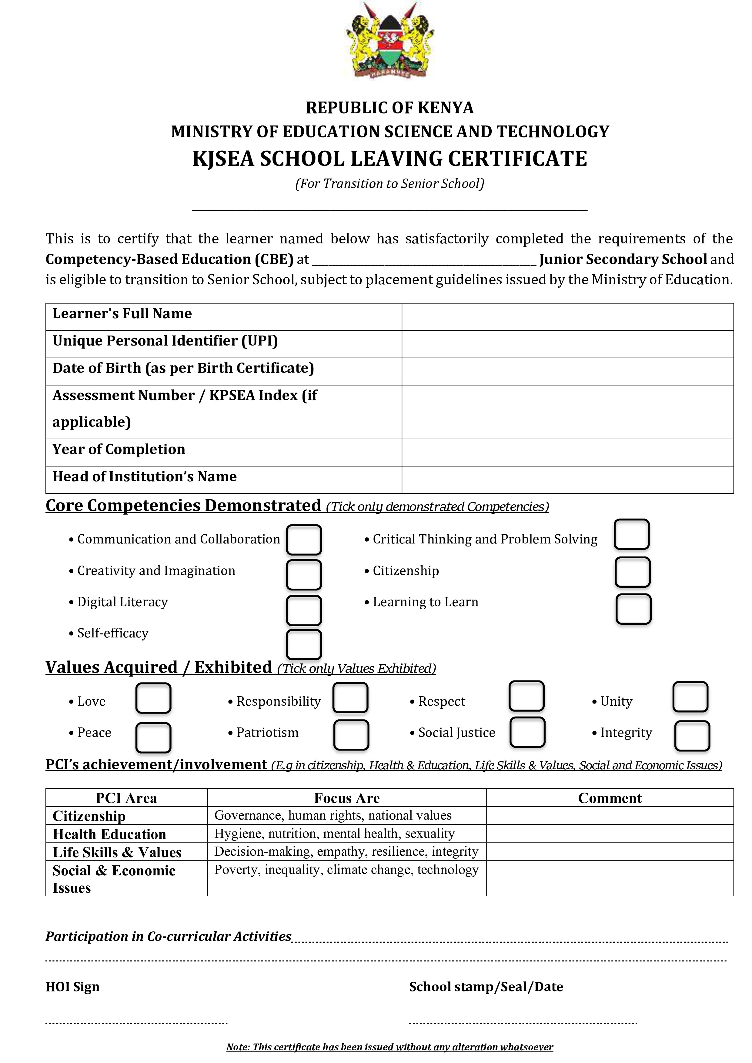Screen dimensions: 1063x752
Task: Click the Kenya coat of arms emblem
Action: [x=389, y=40]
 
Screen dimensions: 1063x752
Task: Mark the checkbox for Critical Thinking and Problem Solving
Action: [x=632, y=534]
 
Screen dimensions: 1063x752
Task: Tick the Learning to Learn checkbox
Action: [x=633, y=609]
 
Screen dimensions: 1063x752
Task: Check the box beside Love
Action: [x=153, y=699]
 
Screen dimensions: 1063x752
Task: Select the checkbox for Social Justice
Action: [x=527, y=732]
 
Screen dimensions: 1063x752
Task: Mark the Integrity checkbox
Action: [x=692, y=736]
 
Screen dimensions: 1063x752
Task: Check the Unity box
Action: [x=690, y=697]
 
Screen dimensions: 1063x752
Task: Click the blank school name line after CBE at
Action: [x=424, y=260]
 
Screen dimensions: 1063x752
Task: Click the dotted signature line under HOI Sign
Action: [x=137, y=1024]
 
